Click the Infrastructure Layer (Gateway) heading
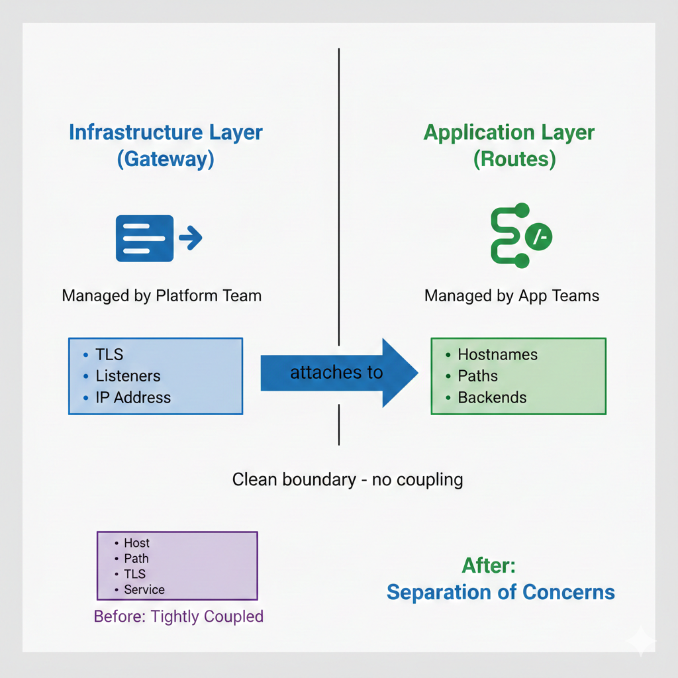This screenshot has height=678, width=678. tap(166, 146)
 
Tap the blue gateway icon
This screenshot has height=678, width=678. tap(158, 238)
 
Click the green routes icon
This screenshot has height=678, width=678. tap(520, 236)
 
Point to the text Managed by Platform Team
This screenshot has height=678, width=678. tap(162, 295)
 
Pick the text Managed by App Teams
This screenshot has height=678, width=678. tap(512, 295)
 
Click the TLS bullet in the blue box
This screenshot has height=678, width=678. tap(109, 355)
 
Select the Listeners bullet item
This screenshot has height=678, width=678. tap(128, 376)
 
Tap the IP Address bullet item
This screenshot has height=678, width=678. tap(132, 398)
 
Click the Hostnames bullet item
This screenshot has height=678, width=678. tap(497, 355)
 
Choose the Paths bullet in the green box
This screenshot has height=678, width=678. tap(477, 376)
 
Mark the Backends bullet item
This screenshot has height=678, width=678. tap(492, 398)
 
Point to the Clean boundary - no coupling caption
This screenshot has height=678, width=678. tap(348, 479)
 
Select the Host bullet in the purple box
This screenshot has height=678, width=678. tap(136, 543)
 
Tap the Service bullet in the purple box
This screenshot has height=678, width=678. tap(144, 589)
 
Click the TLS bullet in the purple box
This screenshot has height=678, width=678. tap(134, 574)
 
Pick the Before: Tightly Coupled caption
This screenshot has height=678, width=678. tap(179, 616)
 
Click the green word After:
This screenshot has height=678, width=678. tap(489, 565)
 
